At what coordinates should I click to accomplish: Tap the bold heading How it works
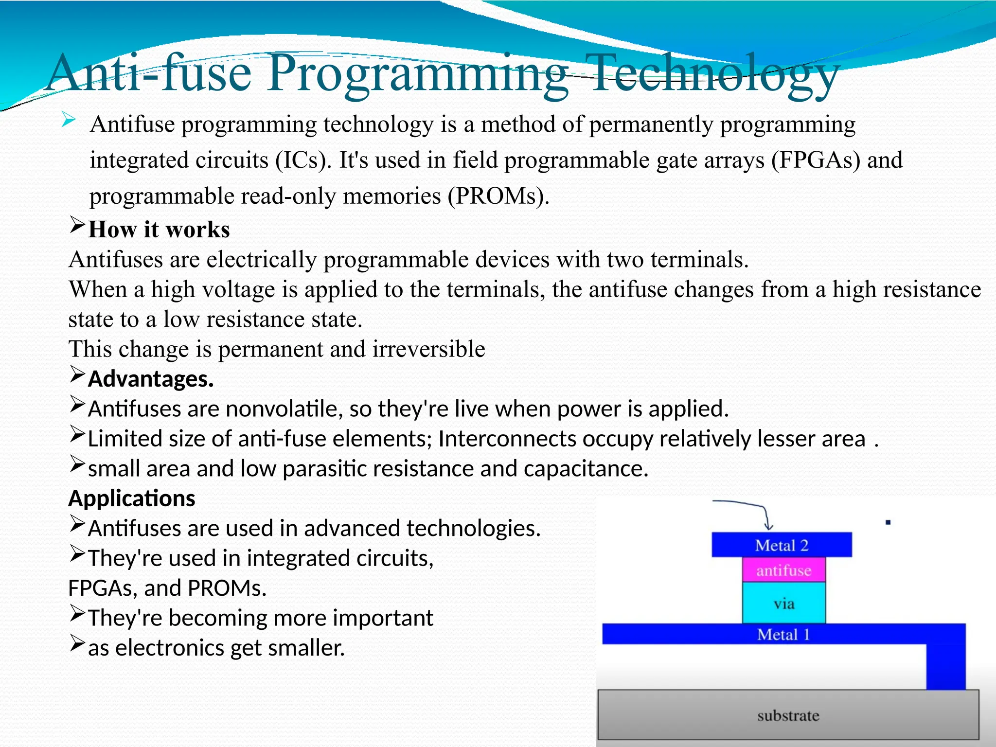[x=159, y=230]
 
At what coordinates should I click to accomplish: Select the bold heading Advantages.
[x=151, y=379]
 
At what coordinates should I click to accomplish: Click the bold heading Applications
[x=132, y=498]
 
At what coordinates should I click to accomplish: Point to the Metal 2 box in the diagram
[x=782, y=545]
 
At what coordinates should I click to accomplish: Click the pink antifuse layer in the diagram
[x=783, y=570]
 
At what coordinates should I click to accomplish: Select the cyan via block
[x=783, y=603]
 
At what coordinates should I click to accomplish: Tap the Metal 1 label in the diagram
[x=783, y=635]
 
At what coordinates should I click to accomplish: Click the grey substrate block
[x=788, y=715]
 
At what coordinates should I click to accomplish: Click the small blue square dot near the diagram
[x=888, y=523]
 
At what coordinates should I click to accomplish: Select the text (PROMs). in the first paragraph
[x=498, y=196]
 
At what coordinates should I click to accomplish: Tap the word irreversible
[x=428, y=349]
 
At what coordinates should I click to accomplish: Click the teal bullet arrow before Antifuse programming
[x=69, y=120]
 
